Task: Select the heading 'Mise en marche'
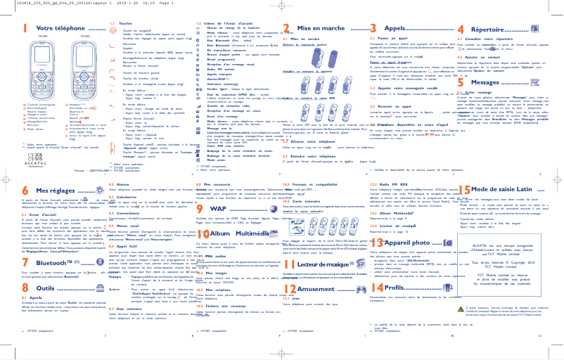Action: tap(318, 27)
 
